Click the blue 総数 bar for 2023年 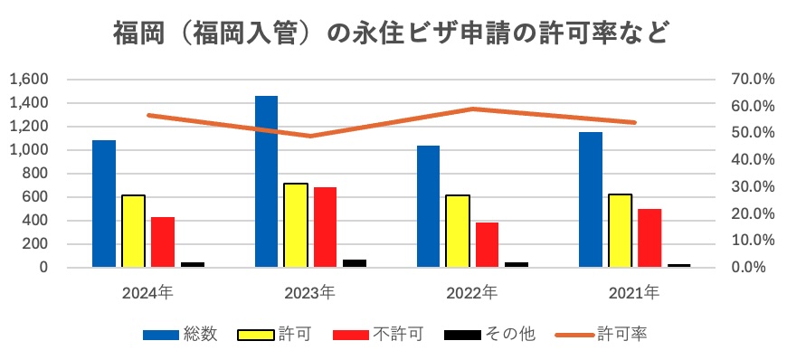coord(266,182)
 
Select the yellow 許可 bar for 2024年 coord(133,231)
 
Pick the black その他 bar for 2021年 coord(678,265)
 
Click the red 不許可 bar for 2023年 coord(325,227)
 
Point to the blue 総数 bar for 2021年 coord(591,200)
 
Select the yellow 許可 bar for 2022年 coord(457,231)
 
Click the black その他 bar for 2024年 coord(193,264)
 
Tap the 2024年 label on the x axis coord(147,293)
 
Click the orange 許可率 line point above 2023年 coord(310,137)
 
